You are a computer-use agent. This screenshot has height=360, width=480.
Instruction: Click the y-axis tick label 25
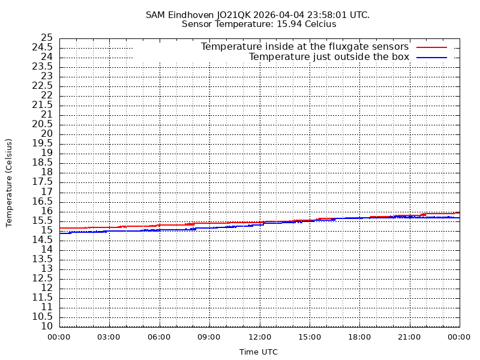(47, 38)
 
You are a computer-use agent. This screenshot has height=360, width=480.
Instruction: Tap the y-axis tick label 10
(47, 326)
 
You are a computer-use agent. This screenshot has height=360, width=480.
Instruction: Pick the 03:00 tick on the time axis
(109, 337)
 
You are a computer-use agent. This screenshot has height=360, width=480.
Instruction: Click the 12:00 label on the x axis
(260, 337)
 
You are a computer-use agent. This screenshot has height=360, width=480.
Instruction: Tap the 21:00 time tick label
(410, 337)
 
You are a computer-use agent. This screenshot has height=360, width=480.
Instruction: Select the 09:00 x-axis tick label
(209, 337)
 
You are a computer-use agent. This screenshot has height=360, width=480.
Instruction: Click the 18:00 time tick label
(359, 337)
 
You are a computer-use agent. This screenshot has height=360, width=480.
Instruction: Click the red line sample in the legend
(432, 47)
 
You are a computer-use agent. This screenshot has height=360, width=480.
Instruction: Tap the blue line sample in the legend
(432, 57)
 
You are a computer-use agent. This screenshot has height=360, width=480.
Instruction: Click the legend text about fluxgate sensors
(304, 47)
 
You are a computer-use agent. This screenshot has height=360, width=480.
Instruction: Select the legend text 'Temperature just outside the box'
(329, 57)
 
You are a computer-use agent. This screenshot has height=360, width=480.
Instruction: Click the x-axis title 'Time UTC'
(259, 352)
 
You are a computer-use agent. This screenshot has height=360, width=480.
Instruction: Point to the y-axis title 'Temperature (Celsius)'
(9, 182)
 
